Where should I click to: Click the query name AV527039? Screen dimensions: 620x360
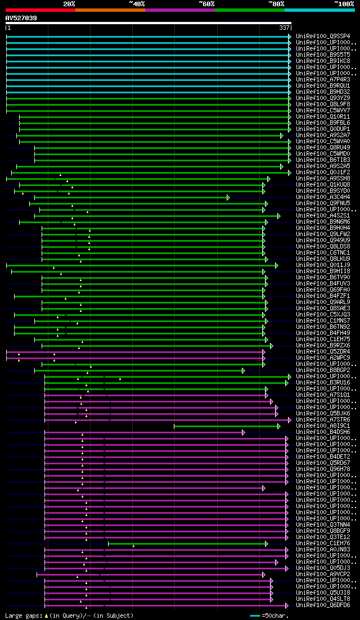click(x=21, y=18)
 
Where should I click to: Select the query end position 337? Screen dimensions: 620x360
click(x=284, y=28)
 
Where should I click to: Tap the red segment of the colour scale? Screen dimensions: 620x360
click(x=40, y=10)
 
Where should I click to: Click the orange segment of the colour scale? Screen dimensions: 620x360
click(x=110, y=10)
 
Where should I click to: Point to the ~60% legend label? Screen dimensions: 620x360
click(x=206, y=3)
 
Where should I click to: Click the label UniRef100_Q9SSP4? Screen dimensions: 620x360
click(x=323, y=37)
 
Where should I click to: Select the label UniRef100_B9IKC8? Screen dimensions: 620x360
click(x=323, y=61)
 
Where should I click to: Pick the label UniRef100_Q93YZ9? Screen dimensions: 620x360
click(x=323, y=98)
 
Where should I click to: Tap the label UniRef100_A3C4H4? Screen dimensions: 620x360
click(x=323, y=197)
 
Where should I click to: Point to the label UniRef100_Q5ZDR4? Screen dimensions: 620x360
click(x=323, y=352)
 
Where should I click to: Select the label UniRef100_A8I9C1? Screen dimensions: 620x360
click(x=323, y=426)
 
